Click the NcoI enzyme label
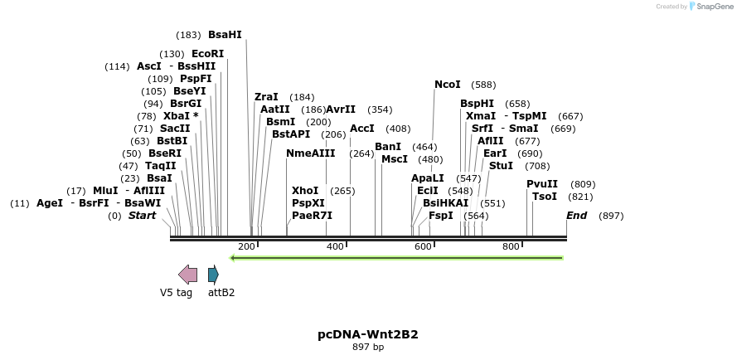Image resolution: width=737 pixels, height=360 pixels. point(447,85)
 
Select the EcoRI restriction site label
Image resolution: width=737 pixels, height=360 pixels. point(207,54)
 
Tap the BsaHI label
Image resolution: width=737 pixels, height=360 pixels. point(225,35)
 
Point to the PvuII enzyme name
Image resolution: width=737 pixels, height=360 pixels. point(542,184)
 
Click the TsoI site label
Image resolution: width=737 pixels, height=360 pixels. point(545,197)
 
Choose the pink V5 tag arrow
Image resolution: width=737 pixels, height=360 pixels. point(188,275)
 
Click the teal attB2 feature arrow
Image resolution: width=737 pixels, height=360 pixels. point(213,275)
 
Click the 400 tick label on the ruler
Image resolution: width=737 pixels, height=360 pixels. point(335,246)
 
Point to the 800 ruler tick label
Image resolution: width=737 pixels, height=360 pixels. point(512,246)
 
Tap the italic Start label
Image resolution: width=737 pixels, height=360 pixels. point(142,216)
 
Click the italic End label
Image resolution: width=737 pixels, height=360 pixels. point(576,216)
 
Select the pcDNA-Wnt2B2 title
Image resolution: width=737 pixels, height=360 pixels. point(368,334)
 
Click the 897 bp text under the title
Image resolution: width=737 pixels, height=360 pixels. point(368,347)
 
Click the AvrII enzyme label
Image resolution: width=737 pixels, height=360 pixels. point(341,109)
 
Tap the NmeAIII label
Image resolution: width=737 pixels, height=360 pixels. point(311,153)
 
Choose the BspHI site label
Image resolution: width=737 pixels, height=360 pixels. point(477,104)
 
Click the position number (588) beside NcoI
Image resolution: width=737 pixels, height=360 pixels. point(483,85)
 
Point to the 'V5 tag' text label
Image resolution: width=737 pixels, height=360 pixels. point(176,292)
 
